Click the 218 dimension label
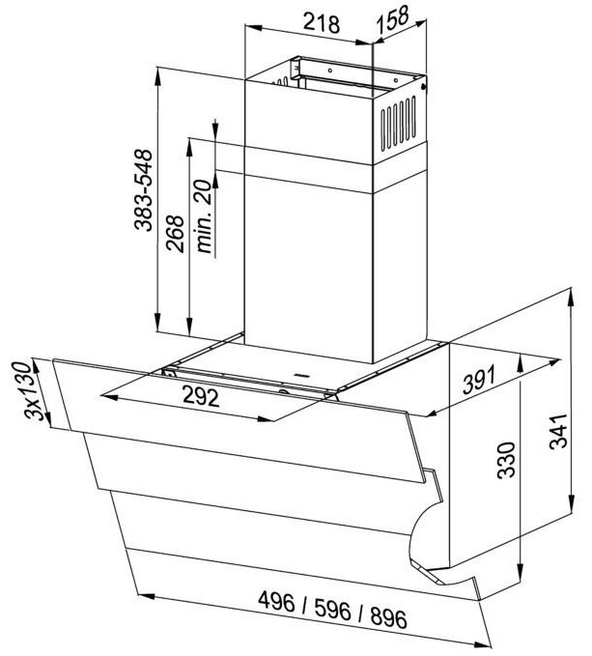[x=321, y=22]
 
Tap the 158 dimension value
[x=392, y=20]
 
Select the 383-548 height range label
[x=144, y=189]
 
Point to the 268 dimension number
[x=175, y=234]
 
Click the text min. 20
[x=206, y=216]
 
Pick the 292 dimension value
[x=201, y=397]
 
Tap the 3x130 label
[x=34, y=390]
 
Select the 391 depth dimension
[x=478, y=380]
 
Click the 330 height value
[x=506, y=459]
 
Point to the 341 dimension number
[x=558, y=431]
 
